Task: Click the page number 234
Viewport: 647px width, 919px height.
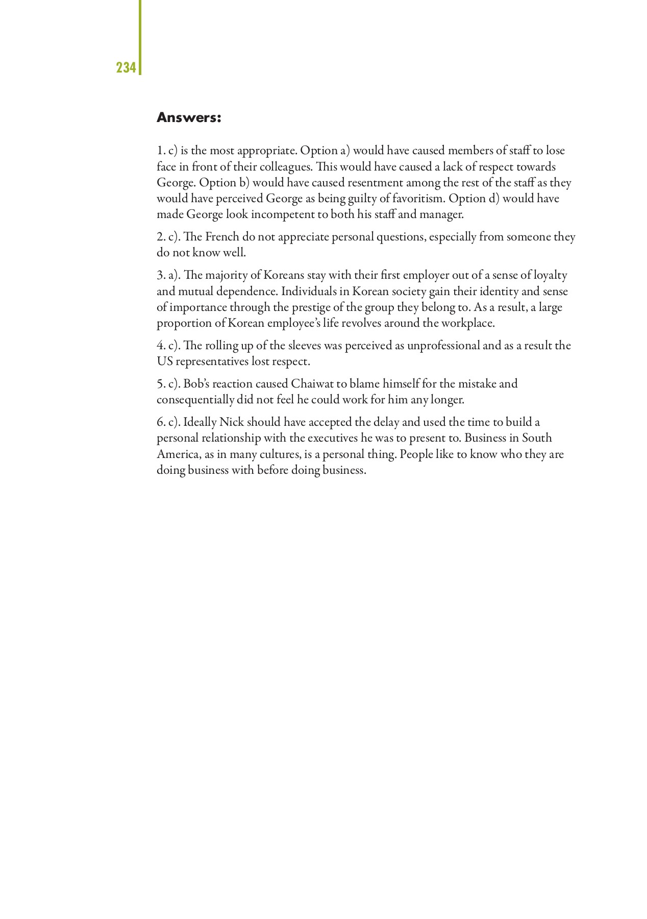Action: point(126,67)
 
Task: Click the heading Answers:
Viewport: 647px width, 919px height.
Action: point(189,118)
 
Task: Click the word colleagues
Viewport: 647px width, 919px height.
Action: point(285,166)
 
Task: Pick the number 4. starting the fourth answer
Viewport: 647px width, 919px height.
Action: point(161,346)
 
